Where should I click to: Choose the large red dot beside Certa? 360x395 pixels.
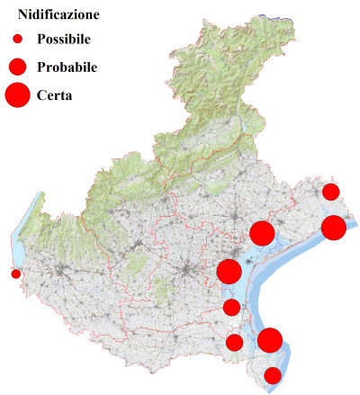(x=18, y=94)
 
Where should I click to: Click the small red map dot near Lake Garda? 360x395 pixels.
(x=15, y=274)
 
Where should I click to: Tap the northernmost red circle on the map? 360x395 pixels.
(x=330, y=191)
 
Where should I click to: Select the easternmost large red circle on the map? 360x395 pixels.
(x=334, y=228)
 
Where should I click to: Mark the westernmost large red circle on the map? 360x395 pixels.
(x=229, y=271)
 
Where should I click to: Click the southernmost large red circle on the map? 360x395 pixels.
(x=270, y=340)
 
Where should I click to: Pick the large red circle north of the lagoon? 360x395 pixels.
(x=262, y=233)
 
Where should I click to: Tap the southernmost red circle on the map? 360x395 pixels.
(x=273, y=375)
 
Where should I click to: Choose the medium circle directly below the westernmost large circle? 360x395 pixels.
(x=231, y=308)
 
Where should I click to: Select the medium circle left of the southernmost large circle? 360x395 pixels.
(x=235, y=342)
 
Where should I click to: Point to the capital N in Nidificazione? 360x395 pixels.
(x=22, y=15)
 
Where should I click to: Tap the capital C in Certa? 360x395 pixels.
(x=41, y=94)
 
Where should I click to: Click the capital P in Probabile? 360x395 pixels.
(x=41, y=67)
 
